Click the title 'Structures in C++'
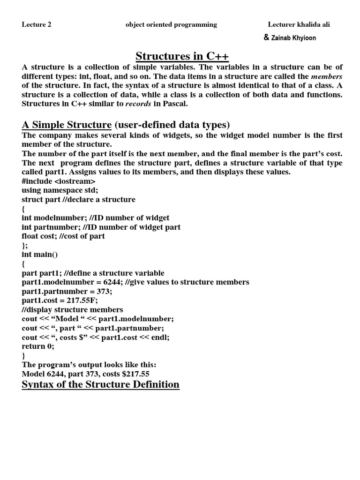(182, 57)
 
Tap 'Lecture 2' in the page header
(37, 25)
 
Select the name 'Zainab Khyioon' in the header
(293, 38)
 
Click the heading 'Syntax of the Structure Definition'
(100, 385)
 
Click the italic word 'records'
(138, 104)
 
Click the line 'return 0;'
(38, 346)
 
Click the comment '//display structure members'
(73, 310)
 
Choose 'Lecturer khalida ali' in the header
(299, 25)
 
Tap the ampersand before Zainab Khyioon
(266, 38)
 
